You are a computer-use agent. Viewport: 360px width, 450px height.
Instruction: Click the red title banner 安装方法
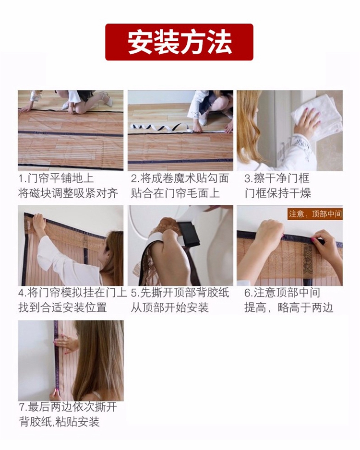[179, 42]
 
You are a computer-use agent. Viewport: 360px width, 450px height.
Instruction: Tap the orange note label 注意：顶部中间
[315, 214]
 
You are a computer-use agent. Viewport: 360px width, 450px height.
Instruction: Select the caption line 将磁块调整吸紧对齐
[68, 193]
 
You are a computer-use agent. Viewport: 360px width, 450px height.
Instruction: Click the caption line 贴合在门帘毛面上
[175, 193]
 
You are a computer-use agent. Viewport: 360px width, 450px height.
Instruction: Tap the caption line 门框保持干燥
[277, 193]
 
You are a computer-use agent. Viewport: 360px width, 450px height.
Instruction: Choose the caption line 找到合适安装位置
[62, 308]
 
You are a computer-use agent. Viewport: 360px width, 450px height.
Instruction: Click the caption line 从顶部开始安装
[169, 308]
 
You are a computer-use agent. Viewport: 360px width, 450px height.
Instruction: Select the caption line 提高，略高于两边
[288, 308]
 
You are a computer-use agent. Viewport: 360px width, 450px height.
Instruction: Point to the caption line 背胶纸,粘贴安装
[59, 422]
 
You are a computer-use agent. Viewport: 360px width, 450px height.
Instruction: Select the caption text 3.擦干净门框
[277, 179]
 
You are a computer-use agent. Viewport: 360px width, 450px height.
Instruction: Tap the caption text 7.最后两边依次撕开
[68, 407]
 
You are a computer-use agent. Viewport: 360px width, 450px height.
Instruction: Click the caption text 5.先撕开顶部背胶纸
[180, 293]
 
